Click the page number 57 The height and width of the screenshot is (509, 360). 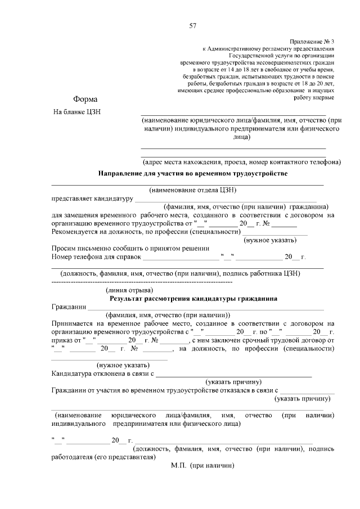click(x=193, y=26)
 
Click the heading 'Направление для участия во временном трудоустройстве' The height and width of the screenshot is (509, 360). click(x=193, y=173)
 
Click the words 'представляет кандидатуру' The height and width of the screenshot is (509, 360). click(x=92, y=199)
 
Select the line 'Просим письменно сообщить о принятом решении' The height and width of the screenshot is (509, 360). click(x=123, y=248)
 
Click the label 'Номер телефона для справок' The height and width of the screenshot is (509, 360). click(x=95, y=257)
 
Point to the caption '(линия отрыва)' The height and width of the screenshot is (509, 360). click(x=130, y=290)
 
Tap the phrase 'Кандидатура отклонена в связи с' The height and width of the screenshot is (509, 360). click(x=103, y=373)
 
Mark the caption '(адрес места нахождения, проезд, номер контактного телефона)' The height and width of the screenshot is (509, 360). click(x=241, y=161)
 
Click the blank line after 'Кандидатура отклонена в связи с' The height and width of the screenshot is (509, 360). click(x=233, y=373)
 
